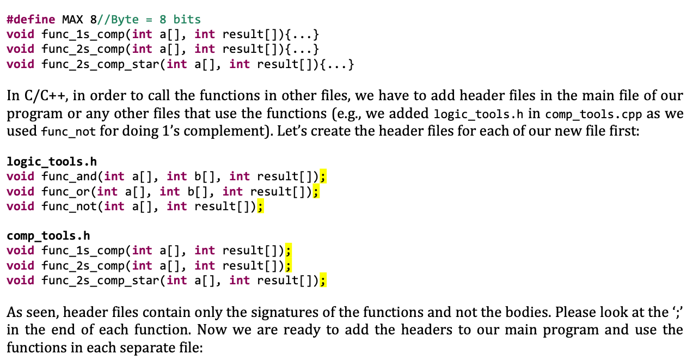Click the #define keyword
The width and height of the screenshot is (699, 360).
coord(31,20)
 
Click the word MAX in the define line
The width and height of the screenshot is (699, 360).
coord(73,20)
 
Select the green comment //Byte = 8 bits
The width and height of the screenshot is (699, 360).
coord(149,20)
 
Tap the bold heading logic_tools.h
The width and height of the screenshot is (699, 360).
coord(52,162)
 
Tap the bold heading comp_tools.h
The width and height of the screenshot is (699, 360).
coord(48,236)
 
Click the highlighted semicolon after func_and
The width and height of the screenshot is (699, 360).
coord(323,176)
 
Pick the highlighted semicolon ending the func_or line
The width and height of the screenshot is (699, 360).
coord(316,191)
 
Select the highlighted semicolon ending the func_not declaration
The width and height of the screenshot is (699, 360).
coord(260,206)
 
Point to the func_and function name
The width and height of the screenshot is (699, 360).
coord(69,176)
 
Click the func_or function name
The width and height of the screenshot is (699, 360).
coord(66,191)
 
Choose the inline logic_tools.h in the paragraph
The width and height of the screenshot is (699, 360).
coord(479,114)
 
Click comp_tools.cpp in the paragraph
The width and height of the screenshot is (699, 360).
coord(593,114)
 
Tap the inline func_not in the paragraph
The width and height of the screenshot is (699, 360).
coord(69,132)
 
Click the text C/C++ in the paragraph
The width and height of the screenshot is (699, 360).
coord(44,95)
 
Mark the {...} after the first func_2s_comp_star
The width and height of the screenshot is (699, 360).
coord(336,65)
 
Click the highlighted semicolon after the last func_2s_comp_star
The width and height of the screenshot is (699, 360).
coord(323,280)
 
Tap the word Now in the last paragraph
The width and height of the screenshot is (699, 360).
coord(211,330)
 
